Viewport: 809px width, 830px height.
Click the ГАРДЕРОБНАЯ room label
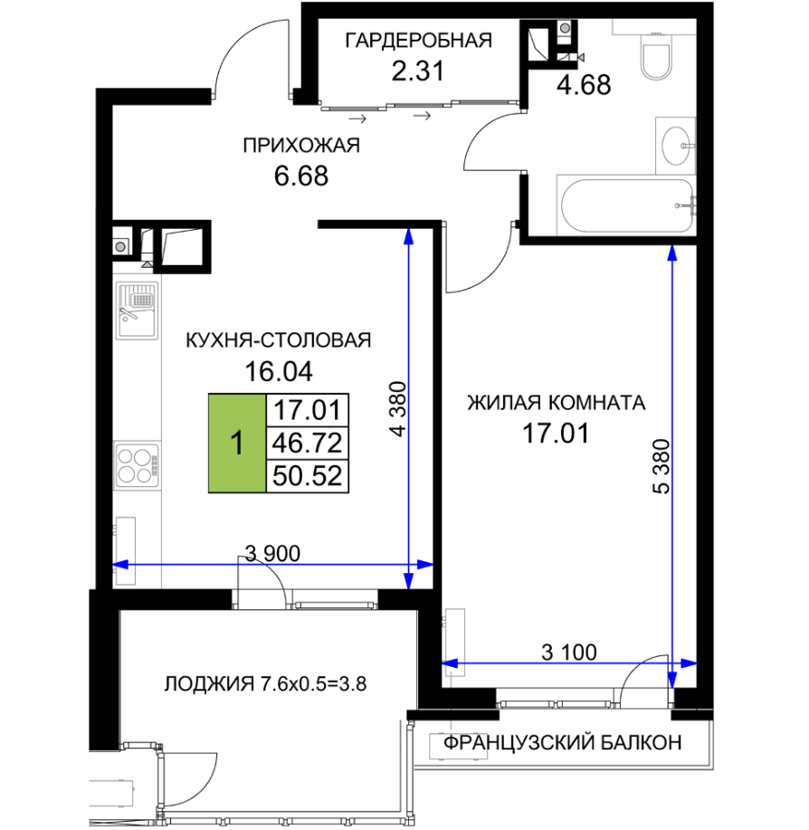point(418,40)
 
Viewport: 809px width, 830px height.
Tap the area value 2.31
point(417,71)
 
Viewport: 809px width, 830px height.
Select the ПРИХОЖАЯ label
point(301,145)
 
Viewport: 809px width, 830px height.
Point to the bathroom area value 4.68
point(584,85)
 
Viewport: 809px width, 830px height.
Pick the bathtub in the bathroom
point(627,205)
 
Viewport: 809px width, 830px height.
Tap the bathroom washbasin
point(676,146)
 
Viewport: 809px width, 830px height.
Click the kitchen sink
point(137,310)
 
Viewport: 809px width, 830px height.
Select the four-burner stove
point(137,465)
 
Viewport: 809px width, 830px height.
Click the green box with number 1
point(237,443)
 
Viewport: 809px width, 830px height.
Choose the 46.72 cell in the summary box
point(307,443)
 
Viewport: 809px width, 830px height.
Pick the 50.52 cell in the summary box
point(307,476)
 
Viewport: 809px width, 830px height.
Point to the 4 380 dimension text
point(398,408)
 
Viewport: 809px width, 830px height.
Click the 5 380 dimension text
point(661,466)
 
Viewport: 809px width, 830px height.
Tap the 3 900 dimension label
point(273,554)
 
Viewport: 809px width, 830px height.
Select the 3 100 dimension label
point(569,652)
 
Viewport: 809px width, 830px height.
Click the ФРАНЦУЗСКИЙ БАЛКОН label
point(563,743)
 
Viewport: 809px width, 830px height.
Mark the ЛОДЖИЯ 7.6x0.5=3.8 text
point(265,684)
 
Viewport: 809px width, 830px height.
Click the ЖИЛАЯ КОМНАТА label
point(557,404)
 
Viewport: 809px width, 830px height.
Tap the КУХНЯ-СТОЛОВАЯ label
point(279,340)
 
